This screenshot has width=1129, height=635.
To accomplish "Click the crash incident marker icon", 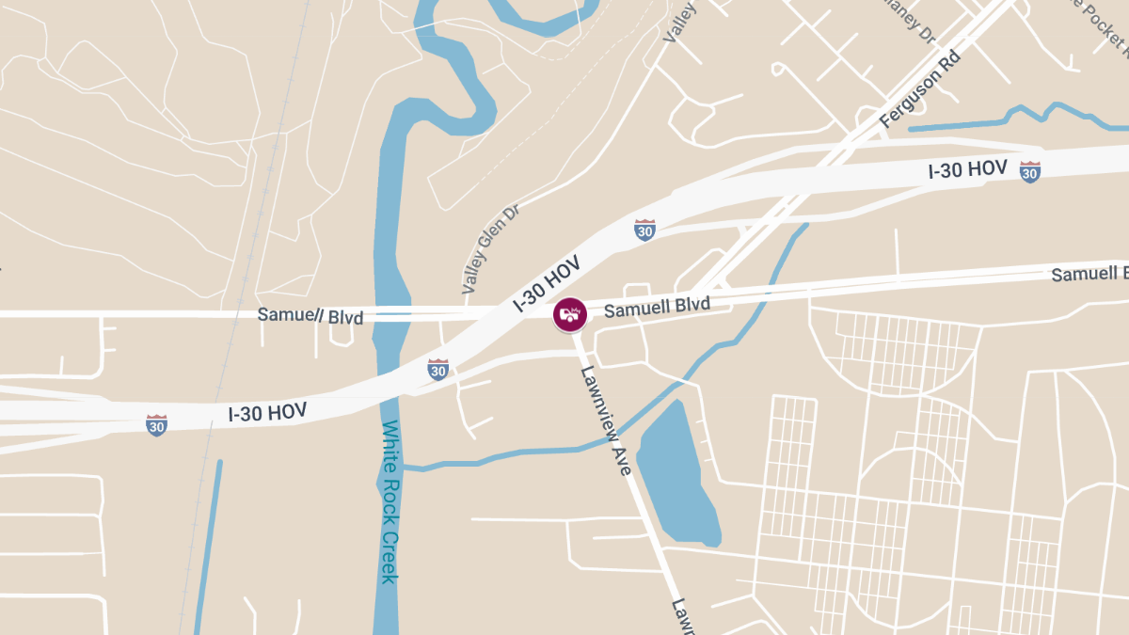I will coord(569,313).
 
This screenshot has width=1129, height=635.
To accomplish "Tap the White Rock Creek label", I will coord(390,502).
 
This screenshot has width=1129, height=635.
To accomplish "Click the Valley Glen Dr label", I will coord(491,250).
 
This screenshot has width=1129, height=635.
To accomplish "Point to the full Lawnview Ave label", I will coord(606,420).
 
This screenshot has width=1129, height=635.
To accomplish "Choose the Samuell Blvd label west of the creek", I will coord(310,315).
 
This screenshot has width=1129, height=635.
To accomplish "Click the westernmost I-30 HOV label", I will coord(267,413).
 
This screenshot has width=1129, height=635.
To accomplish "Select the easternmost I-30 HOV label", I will coord(968,170).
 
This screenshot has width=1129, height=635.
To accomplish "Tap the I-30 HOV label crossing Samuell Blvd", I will coord(547,283).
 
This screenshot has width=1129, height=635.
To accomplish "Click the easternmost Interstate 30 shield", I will coord(1030,171).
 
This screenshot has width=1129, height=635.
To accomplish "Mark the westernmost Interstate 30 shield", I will coord(157,425).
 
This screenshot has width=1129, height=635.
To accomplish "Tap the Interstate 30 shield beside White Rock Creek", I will coord(437,369).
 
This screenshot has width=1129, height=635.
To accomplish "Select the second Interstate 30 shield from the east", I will coord(644,230).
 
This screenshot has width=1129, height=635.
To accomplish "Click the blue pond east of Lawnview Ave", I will coord(677,475).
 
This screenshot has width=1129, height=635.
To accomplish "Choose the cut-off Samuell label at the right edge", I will coord(1089,274).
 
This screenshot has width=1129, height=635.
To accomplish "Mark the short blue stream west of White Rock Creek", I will coord(208,546).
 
